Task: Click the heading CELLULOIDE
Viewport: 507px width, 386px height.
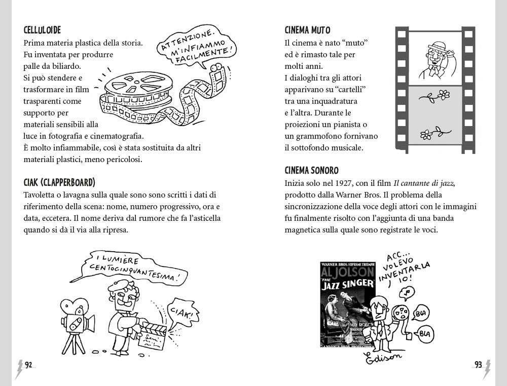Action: coord(42,30)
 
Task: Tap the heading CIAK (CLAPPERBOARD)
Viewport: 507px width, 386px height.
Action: coord(59,182)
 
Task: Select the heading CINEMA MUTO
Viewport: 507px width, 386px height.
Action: coord(308,30)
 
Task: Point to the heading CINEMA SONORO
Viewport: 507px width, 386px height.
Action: coord(311,170)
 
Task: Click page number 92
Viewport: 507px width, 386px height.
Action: coord(28,365)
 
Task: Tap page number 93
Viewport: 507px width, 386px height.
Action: coord(478,365)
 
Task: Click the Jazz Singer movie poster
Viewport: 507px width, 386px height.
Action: coord(347,304)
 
